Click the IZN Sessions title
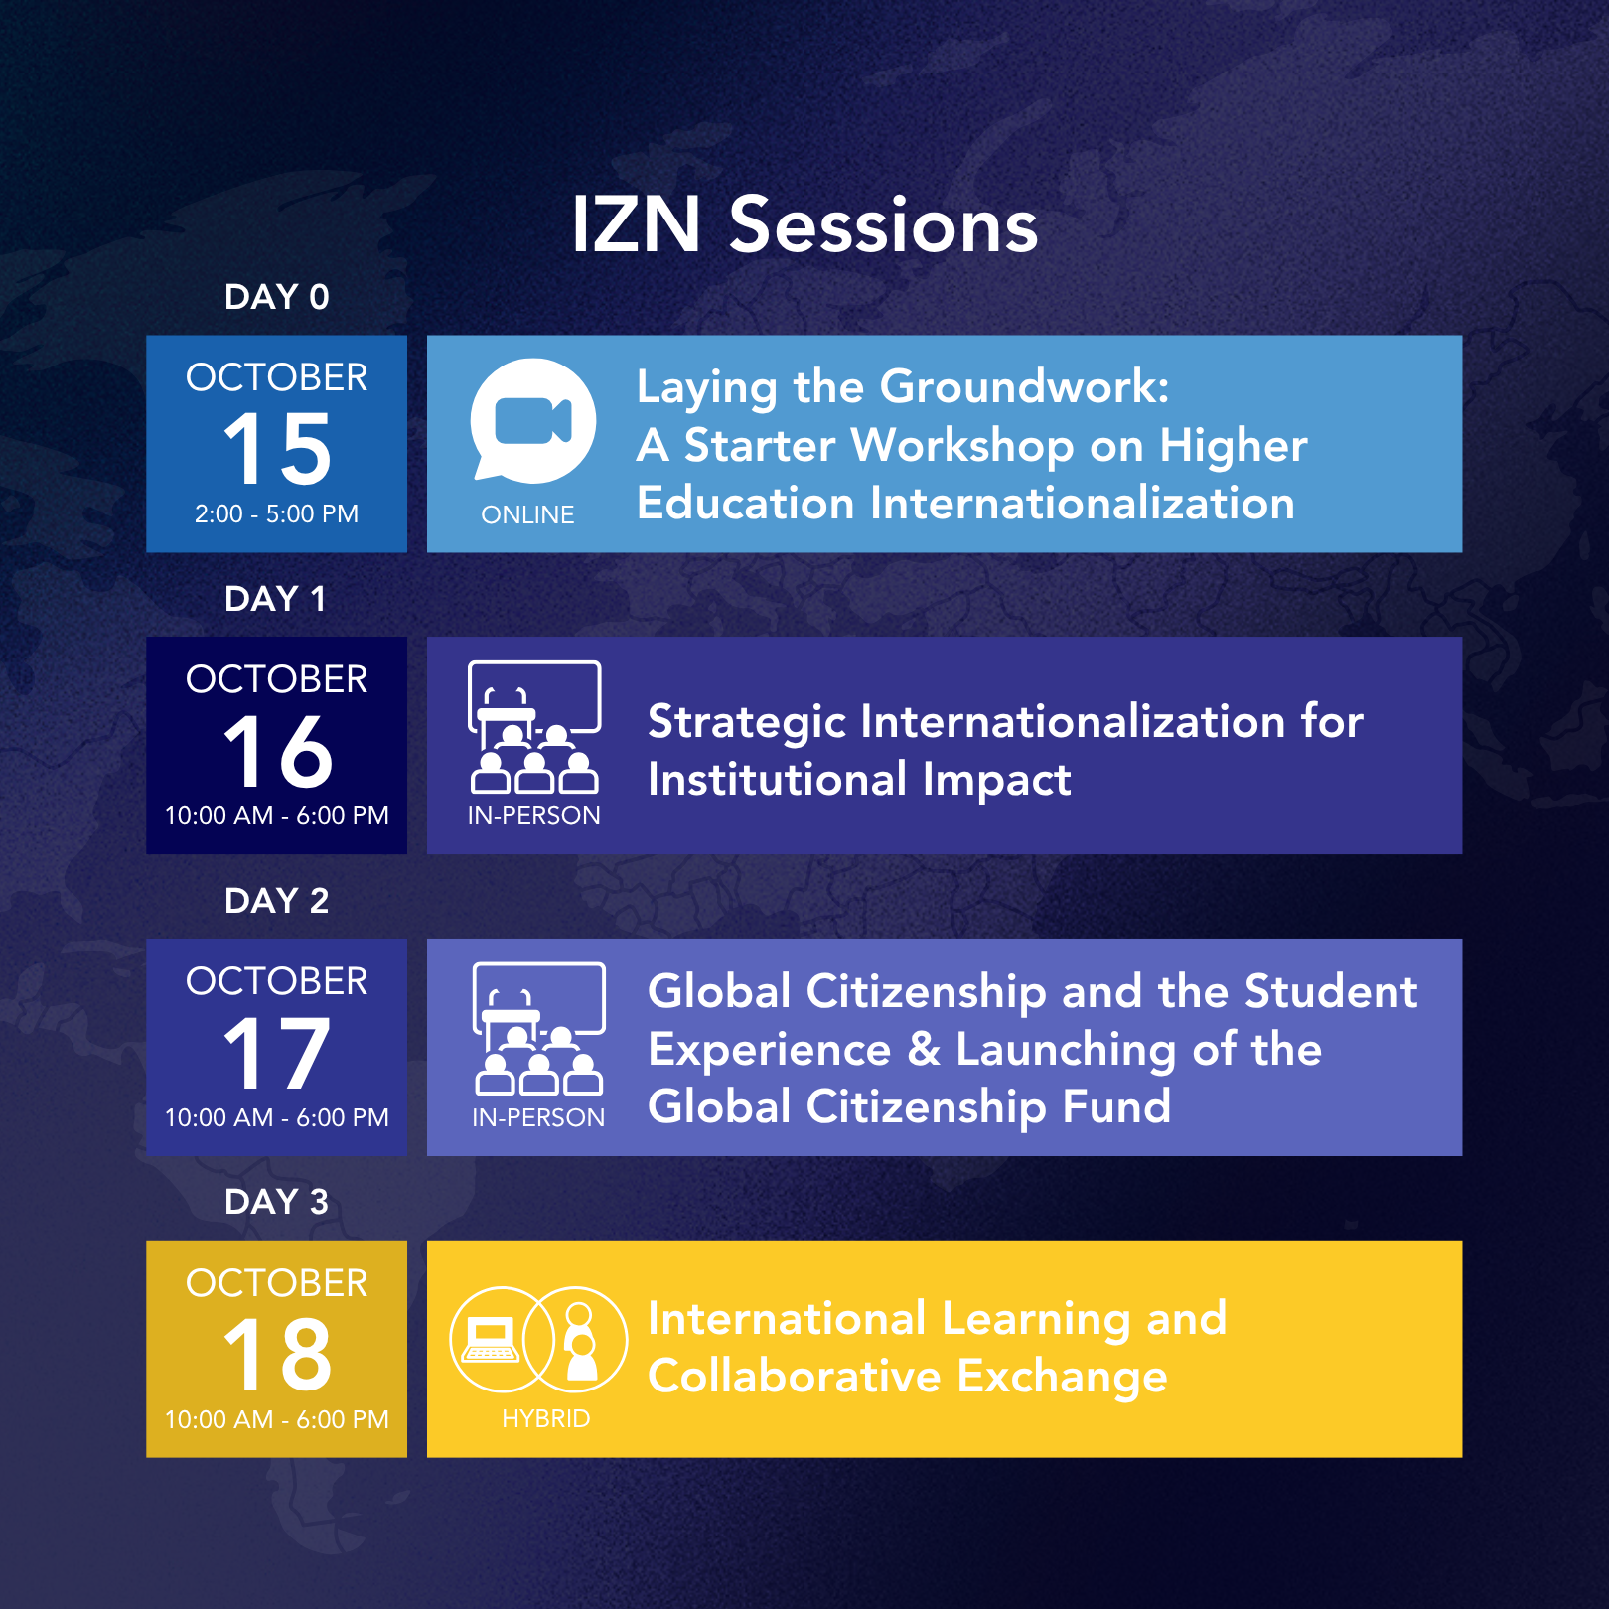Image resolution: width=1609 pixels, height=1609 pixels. tap(804, 224)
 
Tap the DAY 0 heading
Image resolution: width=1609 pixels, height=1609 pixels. tap(276, 297)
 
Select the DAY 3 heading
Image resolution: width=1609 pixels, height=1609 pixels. tap(276, 1202)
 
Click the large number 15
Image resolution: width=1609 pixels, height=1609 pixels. tap(277, 449)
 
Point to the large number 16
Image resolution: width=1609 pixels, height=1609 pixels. tap(277, 751)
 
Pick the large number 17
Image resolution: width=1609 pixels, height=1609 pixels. tap(277, 1053)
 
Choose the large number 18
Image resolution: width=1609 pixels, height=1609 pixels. tap(277, 1355)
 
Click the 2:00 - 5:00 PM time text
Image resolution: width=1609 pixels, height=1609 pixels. tap(276, 513)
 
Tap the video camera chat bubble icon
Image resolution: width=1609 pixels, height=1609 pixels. tap(533, 419)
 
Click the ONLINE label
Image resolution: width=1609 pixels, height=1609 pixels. tap(527, 514)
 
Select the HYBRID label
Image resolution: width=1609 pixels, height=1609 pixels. tap(546, 1418)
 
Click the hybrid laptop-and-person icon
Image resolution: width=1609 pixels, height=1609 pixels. tap(538, 1339)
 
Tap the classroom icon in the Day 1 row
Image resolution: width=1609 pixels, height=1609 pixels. tap(534, 727)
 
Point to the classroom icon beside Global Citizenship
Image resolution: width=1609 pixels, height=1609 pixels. tap(538, 1029)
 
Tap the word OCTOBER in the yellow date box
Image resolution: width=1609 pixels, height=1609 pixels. tap(276, 1283)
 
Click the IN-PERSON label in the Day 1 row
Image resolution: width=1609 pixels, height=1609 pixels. tap(534, 815)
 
